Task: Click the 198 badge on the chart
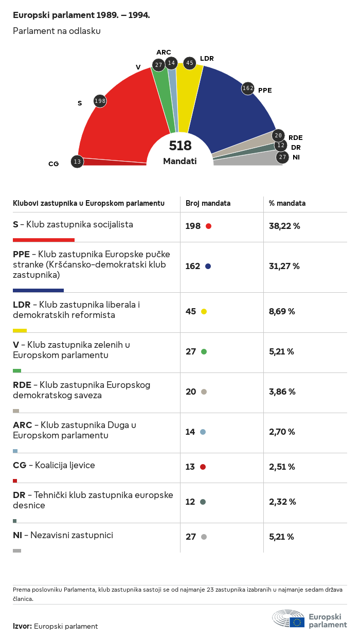pyautogui.click(x=100, y=101)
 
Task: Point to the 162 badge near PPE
pyautogui.click(x=248, y=88)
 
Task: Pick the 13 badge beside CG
pyautogui.click(x=77, y=162)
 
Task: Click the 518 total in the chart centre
pyautogui.click(x=180, y=146)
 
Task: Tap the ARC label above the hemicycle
pyautogui.click(x=164, y=52)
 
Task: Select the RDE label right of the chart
pyautogui.click(x=295, y=137)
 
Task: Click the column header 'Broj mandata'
pyautogui.click(x=208, y=203)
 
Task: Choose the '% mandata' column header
pyautogui.click(x=287, y=203)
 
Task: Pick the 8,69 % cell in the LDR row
pyautogui.click(x=282, y=311)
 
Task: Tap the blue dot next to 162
pyautogui.click(x=208, y=266)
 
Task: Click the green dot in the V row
pyautogui.click(x=204, y=351)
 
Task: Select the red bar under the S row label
pyautogui.click(x=44, y=240)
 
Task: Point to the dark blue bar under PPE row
pyautogui.click(x=38, y=290)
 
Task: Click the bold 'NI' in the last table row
pyautogui.click(x=17, y=535)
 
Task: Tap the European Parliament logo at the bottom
pyautogui.click(x=310, y=619)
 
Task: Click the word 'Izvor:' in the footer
pyautogui.click(x=22, y=626)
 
